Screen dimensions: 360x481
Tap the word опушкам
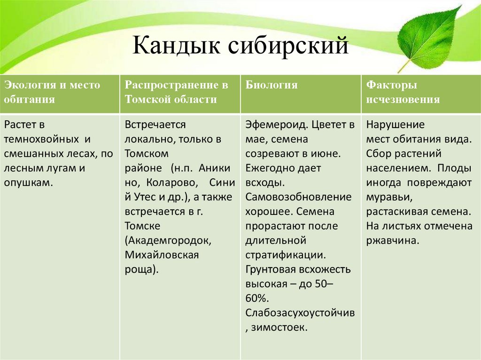(27, 183)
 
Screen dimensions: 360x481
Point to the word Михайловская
(162, 255)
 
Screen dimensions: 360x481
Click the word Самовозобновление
(298, 197)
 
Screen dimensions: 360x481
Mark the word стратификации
(285, 255)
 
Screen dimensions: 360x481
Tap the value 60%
(256, 298)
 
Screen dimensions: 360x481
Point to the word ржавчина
(392, 240)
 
